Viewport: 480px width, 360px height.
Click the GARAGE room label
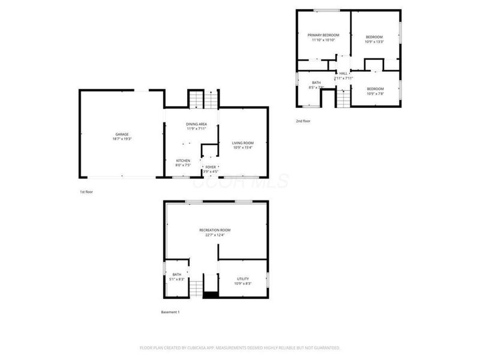[122, 134]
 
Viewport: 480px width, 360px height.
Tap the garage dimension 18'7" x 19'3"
[122, 139]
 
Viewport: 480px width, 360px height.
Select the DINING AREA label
[196, 124]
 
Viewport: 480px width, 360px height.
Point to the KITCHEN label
[183, 160]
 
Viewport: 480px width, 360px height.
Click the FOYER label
[211, 167]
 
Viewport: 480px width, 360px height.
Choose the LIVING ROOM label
[243, 143]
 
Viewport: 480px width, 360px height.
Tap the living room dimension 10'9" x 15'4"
[243, 148]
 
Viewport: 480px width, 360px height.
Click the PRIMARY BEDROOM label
[323, 35]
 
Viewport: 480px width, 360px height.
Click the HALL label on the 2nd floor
[343, 73]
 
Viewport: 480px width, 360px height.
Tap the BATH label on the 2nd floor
[316, 82]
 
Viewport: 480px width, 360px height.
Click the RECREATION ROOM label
[215, 230]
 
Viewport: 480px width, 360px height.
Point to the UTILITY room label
[242, 278]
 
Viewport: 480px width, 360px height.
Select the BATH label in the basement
[177, 274]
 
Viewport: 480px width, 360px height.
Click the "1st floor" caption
[86, 191]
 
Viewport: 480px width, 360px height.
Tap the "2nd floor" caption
[303, 121]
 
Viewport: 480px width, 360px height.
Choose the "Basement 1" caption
[170, 313]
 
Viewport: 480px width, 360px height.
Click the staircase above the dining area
[197, 98]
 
